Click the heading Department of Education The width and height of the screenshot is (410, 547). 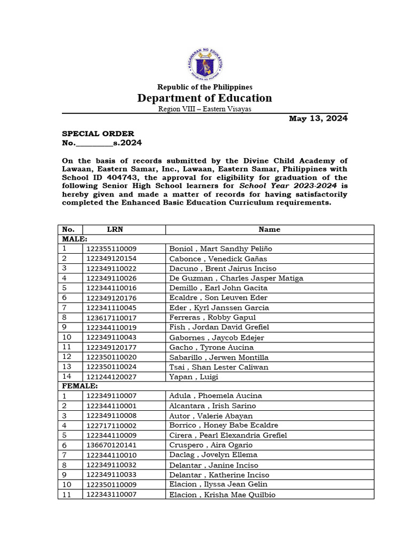point(204,98)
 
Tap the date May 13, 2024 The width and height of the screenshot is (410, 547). point(318,119)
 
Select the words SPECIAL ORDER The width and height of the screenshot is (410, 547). point(98,134)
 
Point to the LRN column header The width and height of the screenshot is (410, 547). point(115,229)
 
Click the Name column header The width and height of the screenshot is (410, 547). point(269,229)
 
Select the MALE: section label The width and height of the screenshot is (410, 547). point(75,239)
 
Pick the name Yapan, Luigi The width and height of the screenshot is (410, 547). point(194,377)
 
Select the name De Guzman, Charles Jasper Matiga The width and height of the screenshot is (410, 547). point(236,278)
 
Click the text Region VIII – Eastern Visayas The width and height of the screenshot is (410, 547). point(204,109)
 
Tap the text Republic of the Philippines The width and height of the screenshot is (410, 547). point(204,87)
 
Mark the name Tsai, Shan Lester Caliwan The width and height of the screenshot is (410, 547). point(219,367)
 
